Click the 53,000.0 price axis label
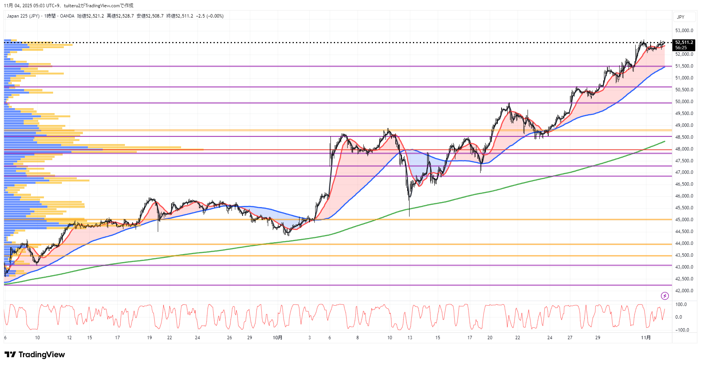(x=684, y=31)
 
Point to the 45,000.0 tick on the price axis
(x=684, y=220)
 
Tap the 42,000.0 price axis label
(x=684, y=291)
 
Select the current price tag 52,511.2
(x=684, y=42)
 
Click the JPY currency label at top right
(x=681, y=17)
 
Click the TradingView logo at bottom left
(x=35, y=355)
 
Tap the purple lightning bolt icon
(x=665, y=296)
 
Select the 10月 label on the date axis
(x=278, y=338)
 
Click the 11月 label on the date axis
(x=646, y=338)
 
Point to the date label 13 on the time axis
(x=410, y=338)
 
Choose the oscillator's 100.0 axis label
(x=681, y=304)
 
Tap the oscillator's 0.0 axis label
(x=678, y=317)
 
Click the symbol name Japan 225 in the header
(x=17, y=16)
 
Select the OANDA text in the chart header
(x=67, y=16)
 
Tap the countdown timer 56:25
(x=681, y=48)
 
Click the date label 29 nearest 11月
(x=597, y=338)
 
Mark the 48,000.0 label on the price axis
(x=684, y=149)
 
